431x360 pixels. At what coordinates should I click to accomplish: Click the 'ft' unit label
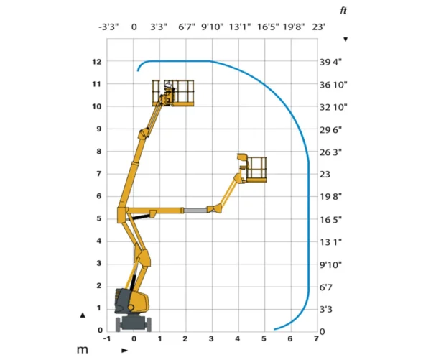[343, 11]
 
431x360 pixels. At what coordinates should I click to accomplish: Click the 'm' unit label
[83, 350]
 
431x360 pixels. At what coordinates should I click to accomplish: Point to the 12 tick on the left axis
[97, 62]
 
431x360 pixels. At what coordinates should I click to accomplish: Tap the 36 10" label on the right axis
[333, 85]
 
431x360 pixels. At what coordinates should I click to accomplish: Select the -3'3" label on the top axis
[108, 27]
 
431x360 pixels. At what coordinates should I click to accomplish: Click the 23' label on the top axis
[318, 27]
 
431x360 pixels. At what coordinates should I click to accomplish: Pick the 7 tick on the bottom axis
[316, 338]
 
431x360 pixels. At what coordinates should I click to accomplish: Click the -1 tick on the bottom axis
[107, 338]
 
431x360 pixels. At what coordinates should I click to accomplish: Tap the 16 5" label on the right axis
[330, 220]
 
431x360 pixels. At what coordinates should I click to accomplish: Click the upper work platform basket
[173, 93]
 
